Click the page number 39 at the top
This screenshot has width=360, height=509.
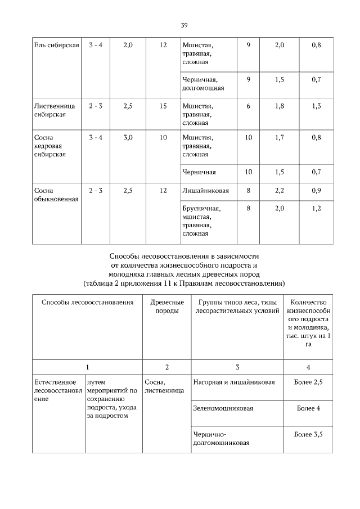(x=184, y=25)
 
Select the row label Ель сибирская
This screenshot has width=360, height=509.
(x=56, y=44)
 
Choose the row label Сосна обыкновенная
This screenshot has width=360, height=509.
(x=56, y=195)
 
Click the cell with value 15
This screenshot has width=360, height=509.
(x=163, y=105)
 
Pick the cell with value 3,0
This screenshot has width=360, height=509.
(x=127, y=137)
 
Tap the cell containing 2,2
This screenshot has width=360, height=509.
(x=279, y=191)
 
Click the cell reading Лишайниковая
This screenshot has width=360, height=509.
(x=205, y=191)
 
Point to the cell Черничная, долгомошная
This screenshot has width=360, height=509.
(x=203, y=83)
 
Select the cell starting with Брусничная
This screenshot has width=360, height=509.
(x=201, y=220)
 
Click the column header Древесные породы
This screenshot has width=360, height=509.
(x=167, y=306)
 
